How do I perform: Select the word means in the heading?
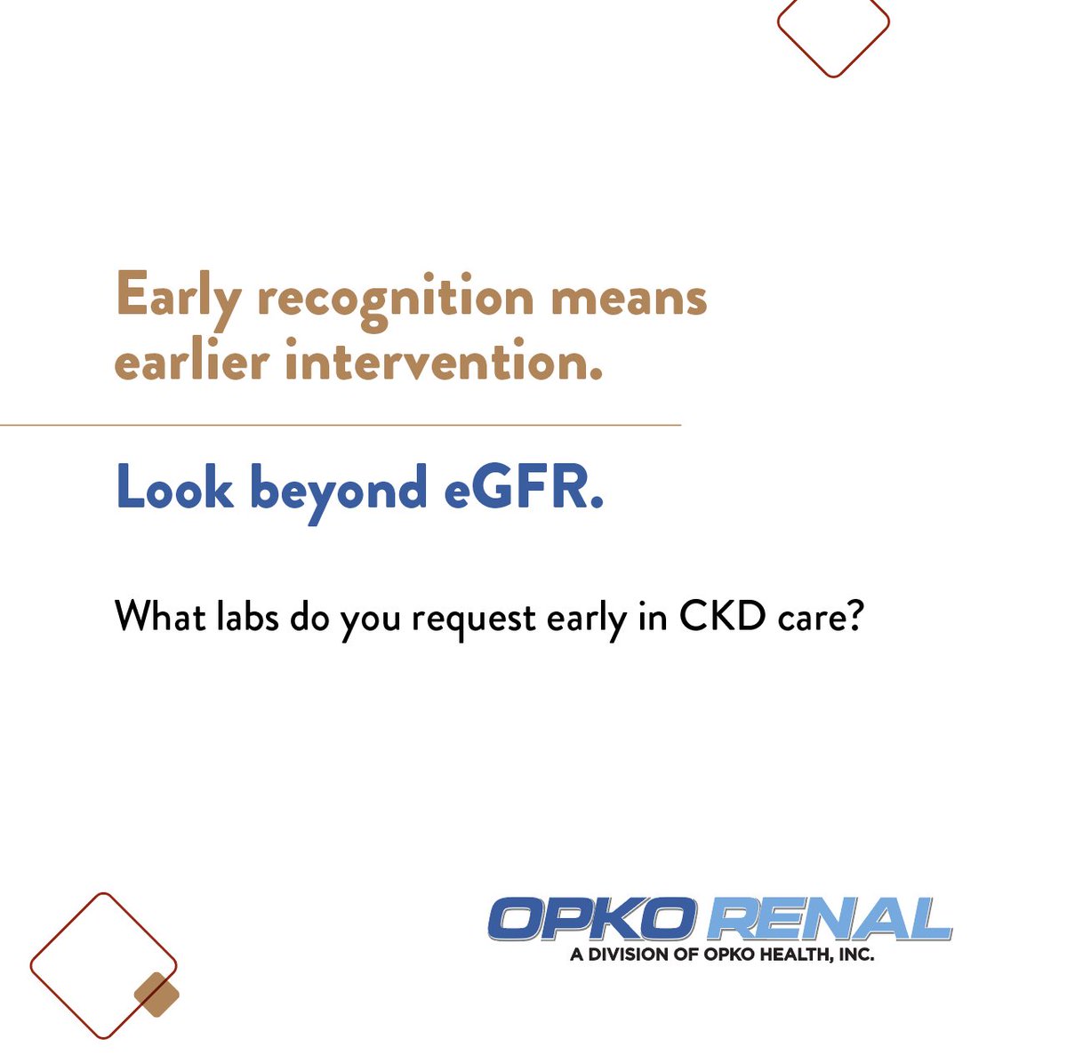(x=629, y=297)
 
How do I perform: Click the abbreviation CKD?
(x=721, y=616)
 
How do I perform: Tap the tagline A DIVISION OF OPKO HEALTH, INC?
(x=721, y=955)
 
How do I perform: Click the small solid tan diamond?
(x=156, y=995)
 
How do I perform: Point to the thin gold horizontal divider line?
(x=341, y=426)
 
